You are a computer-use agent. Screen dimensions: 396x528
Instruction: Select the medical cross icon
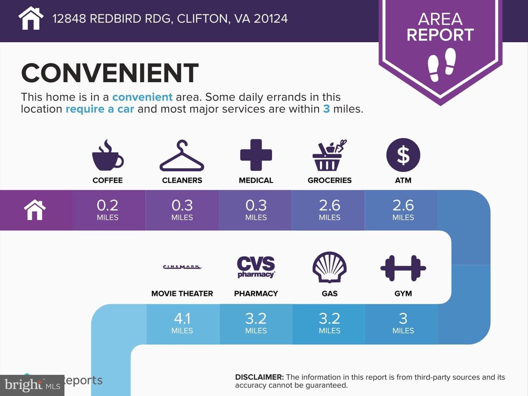pyautogui.click(x=256, y=155)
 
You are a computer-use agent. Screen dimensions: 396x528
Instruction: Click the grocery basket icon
pyautogui.click(x=329, y=155)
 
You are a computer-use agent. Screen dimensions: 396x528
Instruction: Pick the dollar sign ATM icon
pyautogui.click(x=403, y=155)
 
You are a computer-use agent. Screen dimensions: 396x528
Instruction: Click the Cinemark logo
pyautogui.click(x=182, y=267)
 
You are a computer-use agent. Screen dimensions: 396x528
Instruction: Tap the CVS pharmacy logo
pyautogui.click(x=256, y=267)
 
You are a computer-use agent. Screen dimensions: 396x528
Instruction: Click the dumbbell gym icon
pyautogui.click(x=403, y=268)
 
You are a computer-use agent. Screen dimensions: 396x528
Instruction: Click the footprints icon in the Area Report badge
pyautogui.click(x=441, y=65)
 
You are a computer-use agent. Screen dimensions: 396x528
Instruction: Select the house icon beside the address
pyautogui.click(x=31, y=18)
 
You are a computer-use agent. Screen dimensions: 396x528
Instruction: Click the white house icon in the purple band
pyautogui.click(x=35, y=210)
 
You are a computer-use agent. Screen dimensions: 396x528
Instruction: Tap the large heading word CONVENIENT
pyautogui.click(x=110, y=73)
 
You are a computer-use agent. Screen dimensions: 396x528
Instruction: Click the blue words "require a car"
pyautogui.click(x=100, y=109)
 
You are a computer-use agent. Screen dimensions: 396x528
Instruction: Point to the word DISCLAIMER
pyautogui.click(x=259, y=377)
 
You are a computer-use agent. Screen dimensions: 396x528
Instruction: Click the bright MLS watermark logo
pyautogui.click(x=32, y=385)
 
